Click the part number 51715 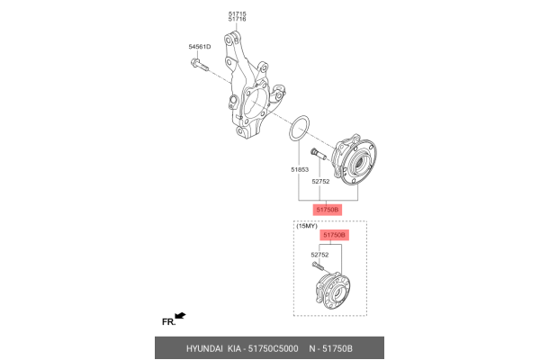click(237, 12)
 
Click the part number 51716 click(237, 18)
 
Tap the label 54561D click(200, 46)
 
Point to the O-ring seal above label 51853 click(301, 129)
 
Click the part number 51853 click(300, 169)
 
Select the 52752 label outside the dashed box click(322, 181)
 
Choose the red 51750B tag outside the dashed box click(327, 209)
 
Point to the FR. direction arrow click(180, 316)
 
